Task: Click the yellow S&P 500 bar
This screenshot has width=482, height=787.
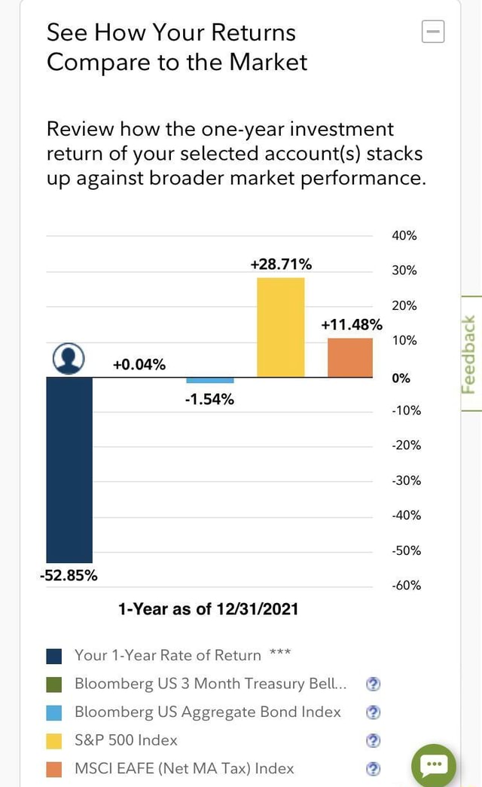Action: coord(281,327)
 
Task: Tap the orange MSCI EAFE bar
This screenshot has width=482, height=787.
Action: coord(350,357)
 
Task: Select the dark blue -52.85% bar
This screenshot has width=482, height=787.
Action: coord(69,469)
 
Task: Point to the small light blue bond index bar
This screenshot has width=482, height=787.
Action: coord(210,380)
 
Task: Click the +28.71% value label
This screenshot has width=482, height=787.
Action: coord(281,264)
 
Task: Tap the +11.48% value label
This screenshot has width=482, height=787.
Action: coord(352,325)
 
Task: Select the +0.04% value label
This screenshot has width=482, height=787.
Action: coord(139,365)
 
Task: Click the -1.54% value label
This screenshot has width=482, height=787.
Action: coord(209,400)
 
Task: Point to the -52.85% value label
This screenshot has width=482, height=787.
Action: coord(69,576)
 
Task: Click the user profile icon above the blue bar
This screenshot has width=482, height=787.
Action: coord(69,359)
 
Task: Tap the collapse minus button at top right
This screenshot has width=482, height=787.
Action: coord(433,32)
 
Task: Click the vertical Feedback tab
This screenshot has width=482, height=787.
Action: coord(468,354)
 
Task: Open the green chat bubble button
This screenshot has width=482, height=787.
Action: coord(434,764)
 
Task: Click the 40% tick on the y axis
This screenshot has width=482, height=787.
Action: coord(404,236)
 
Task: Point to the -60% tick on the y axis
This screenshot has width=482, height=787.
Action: coord(406,586)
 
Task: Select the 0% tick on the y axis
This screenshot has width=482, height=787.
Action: coord(401,378)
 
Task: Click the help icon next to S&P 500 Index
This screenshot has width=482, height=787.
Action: coord(373,740)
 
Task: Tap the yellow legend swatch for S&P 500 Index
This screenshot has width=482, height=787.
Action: coord(54,741)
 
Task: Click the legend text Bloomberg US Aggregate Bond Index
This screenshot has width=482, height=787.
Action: coord(207,712)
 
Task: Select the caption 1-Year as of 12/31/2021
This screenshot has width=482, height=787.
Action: coord(208,609)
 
